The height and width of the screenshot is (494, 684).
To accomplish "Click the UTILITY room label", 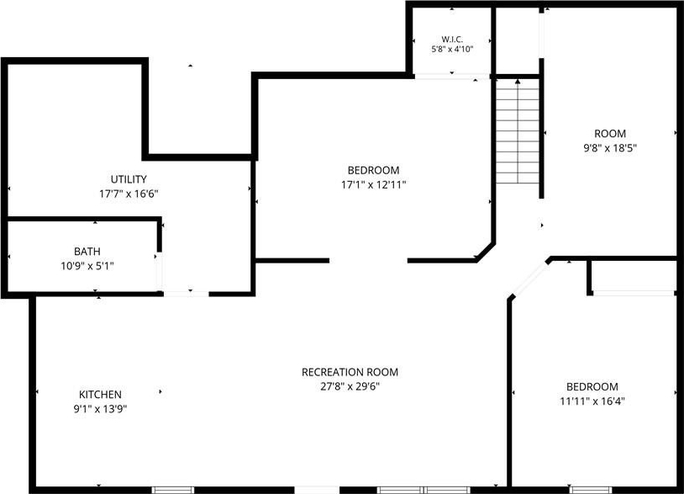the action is pos(129,179).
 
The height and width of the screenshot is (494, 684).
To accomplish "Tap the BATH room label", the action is pos(87,251).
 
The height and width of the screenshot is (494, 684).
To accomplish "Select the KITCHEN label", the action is pos(100,395).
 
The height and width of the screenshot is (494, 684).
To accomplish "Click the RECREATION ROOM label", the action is pos(350,372).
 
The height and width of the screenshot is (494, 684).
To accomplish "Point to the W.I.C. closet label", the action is pos(452,40).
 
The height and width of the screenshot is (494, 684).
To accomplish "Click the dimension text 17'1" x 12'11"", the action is pos(373,185).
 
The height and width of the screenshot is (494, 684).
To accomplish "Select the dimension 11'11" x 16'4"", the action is pos(592,401).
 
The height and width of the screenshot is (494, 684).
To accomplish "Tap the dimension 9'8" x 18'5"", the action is pos(610,147).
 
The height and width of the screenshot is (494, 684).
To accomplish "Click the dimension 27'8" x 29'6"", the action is pos(350,386).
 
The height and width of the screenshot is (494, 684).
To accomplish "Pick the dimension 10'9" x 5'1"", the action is pos(87,266).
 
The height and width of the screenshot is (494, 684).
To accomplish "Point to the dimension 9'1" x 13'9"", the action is pos(100,409).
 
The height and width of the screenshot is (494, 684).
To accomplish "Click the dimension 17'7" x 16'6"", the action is pos(129,194).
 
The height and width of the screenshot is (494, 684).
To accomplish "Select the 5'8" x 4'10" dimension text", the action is pos(452,50).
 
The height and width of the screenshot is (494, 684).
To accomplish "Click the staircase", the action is pos(518,131).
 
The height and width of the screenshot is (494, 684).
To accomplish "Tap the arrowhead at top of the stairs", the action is pos(518,82).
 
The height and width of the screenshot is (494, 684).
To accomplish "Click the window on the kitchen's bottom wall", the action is pos(173,490).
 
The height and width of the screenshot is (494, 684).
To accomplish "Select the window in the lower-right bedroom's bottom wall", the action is pos(591,490).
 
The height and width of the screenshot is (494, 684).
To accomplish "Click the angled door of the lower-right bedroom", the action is pos(529,279).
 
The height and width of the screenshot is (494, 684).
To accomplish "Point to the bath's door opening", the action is pos(160,271).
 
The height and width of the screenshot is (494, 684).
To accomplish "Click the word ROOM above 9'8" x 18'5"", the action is pos(610,134).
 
